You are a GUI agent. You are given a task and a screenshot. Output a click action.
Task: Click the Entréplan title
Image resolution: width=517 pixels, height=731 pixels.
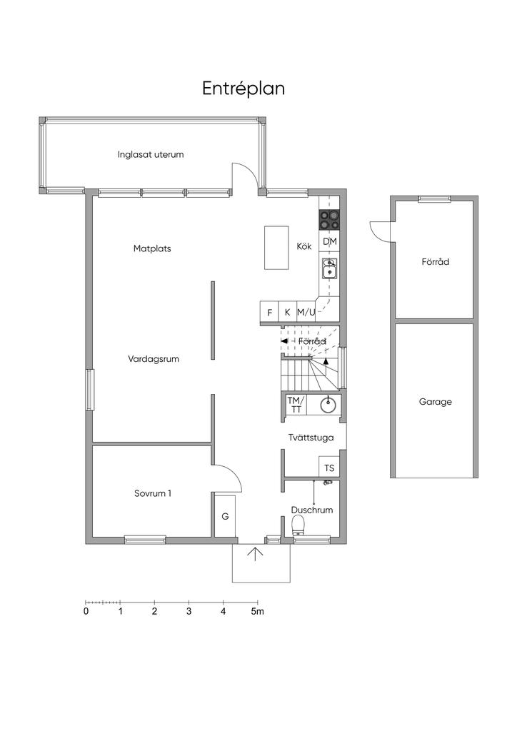pyautogui.click(x=244, y=89)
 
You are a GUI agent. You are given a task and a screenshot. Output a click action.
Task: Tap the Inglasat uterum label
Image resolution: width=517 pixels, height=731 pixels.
pyautogui.click(x=151, y=154)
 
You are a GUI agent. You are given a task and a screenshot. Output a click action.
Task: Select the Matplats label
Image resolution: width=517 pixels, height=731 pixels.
pyautogui.click(x=152, y=248)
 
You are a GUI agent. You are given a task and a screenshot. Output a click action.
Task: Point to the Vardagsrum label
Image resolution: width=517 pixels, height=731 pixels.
pyautogui.click(x=154, y=359)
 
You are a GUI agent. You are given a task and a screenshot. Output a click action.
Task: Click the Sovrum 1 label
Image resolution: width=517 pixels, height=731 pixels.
pyautogui.click(x=152, y=493)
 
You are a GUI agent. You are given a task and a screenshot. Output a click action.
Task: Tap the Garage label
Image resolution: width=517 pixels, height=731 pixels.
pyautogui.click(x=436, y=401)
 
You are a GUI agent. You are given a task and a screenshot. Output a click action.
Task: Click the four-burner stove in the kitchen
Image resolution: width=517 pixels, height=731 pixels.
pyautogui.click(x=330, y=220)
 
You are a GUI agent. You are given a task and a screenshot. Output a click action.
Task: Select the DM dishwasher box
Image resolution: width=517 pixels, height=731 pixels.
pyautogui.click(x=330, y=242)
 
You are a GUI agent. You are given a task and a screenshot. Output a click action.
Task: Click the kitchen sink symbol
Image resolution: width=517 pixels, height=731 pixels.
pyautogui.click(x=329, y=268)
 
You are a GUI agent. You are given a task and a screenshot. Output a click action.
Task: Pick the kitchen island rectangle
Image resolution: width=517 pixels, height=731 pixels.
pyautogui.click(x=276, y=248)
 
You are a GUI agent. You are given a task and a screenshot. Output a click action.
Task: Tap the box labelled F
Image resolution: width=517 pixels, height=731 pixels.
pyautogui.click(x=269, y=312)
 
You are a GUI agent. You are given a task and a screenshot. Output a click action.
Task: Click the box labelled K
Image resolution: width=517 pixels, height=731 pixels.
pyautogui.click(x=287, y=312)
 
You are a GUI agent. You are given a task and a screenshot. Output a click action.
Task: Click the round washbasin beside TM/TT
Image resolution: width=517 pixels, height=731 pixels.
pyautogui.click(x=330, y=405)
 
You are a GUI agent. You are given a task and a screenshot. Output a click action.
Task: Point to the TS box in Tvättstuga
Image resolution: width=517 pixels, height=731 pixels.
pyautogui.click(x=329, y=468)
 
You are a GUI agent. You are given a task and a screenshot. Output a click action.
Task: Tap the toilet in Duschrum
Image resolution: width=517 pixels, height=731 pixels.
pyautogui.click(x=298, y=525)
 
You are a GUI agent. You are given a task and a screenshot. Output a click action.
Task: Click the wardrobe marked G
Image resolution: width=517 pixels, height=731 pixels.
pyautogui.click(x=225, y=516)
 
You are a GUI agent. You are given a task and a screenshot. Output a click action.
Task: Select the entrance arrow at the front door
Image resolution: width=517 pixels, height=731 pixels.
pyautogui.click(x=255, y=554)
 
